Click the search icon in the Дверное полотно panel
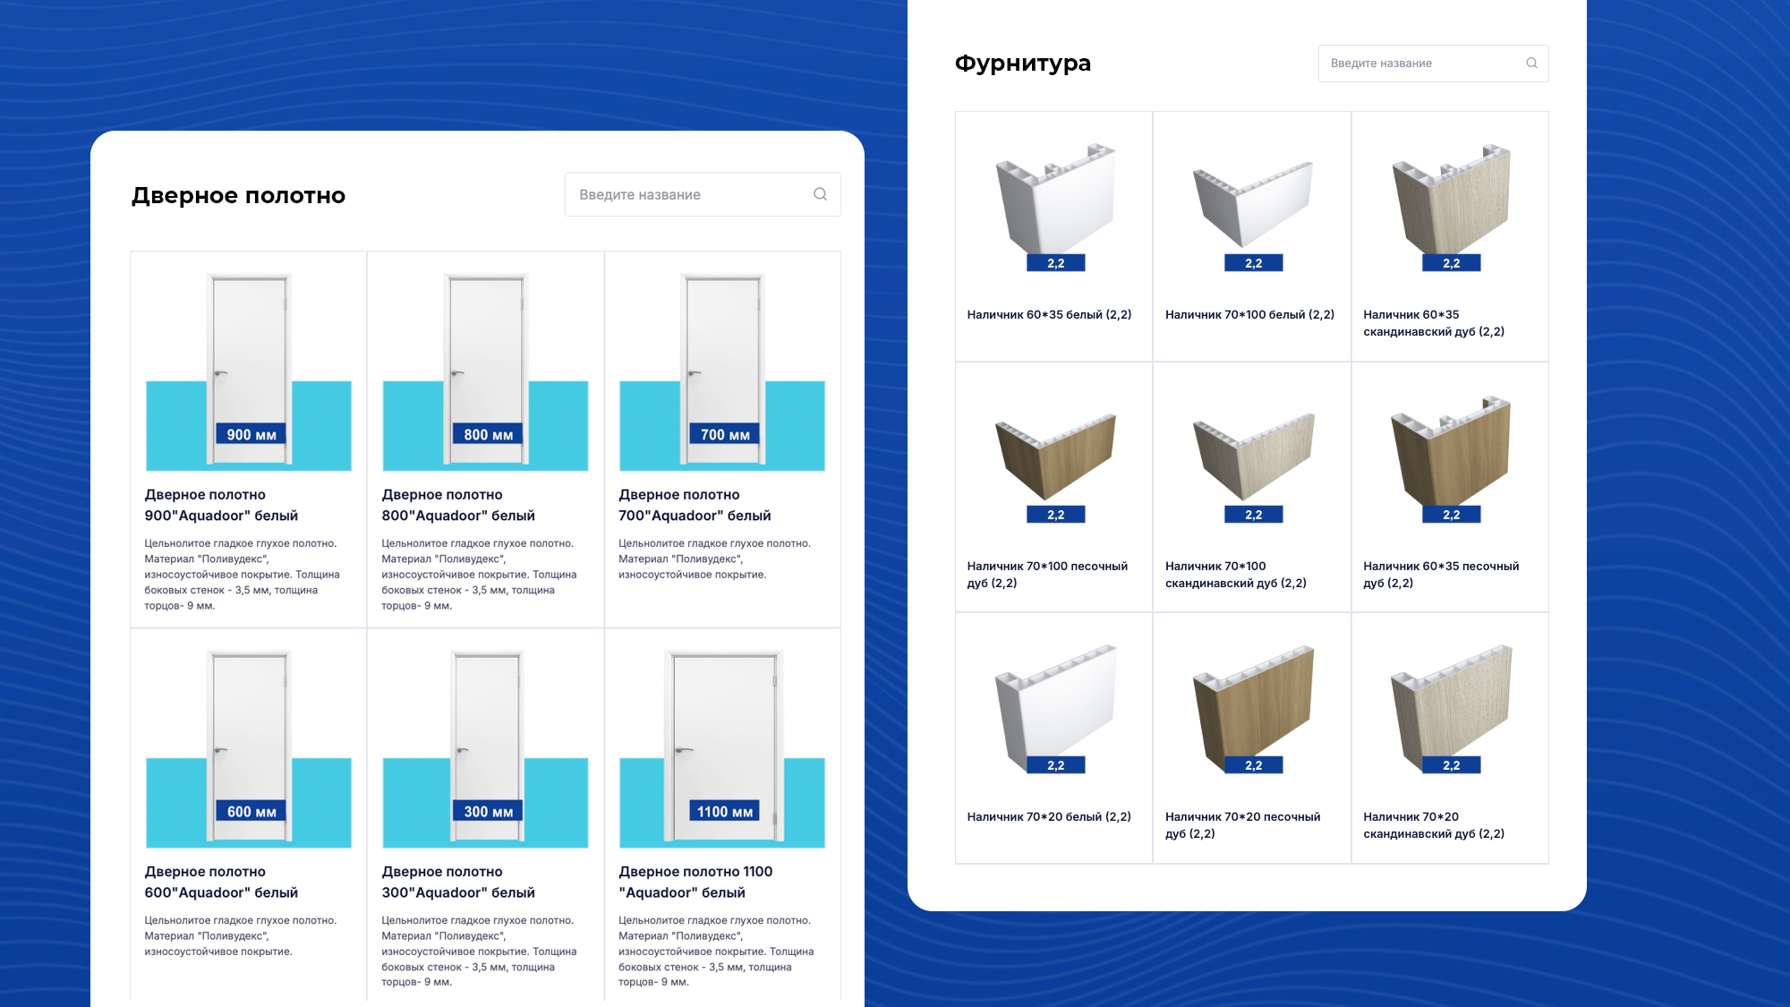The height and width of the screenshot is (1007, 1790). click(820, 194)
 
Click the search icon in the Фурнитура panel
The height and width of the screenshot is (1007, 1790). click(1531, 63)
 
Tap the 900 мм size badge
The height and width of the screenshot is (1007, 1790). click(251, 434)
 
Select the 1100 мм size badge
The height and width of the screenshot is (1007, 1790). click(724, 811)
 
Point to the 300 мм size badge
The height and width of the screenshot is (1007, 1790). click(488, 811)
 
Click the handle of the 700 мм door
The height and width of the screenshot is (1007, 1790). click(694, 372)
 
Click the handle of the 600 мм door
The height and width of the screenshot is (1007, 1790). click(220, 749)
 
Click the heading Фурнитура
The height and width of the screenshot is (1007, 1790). click(1023, 64)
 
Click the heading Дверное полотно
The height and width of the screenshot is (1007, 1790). click(238, 195)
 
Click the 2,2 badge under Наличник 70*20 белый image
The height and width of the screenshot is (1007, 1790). click(1056, 765)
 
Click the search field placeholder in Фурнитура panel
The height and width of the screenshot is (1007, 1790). click(1381, 64)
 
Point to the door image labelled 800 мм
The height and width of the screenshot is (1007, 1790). click(485, 370)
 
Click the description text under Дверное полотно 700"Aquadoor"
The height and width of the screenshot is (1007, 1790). click(714, 559)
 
